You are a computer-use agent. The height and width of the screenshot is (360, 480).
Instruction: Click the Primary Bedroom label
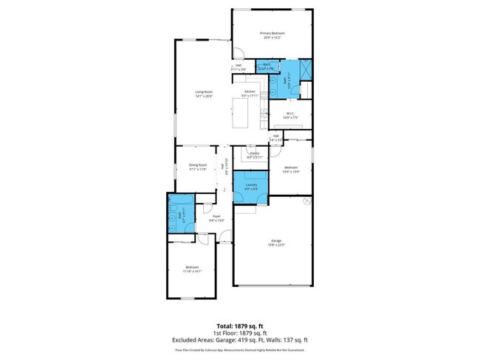click(x=272, y=35)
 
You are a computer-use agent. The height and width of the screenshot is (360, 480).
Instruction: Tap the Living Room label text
click(x=204, y=94)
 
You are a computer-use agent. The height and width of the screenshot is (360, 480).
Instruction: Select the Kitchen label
click(x=250, y=93)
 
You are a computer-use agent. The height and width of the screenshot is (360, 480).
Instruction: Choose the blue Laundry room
click(x=251, y=187)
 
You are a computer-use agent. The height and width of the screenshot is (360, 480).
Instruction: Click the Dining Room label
click(x=197, y=167)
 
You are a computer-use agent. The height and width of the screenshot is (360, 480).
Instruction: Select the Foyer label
click(x=216, y=218)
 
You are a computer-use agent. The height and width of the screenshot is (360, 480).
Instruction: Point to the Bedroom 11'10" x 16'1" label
click(x=192, y=269)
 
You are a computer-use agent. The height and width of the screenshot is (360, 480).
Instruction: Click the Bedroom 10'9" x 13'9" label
click(x=291, y=170)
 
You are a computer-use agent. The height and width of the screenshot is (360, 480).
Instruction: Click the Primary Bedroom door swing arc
click(x=239, y=53)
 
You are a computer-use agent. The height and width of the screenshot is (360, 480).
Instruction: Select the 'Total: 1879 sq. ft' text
click(x=240, y=325)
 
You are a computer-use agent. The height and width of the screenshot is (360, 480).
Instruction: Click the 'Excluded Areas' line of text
click(x=240, y=339)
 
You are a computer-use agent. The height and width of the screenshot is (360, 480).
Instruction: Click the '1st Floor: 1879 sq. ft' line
click(x=240, y=333)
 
